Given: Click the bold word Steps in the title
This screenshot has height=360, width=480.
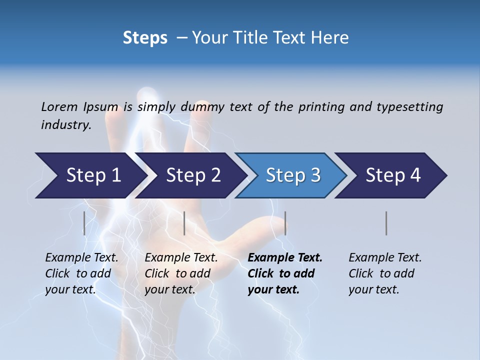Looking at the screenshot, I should [145, 38].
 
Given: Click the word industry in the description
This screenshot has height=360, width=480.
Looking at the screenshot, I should [66, 125].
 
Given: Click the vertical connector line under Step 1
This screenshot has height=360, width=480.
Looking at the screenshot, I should [84, 223].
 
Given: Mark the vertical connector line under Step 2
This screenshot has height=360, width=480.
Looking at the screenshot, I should [184, 223].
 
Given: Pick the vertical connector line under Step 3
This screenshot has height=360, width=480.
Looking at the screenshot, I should [285, 223].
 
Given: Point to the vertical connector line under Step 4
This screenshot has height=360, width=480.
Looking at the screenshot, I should [386, 223].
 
